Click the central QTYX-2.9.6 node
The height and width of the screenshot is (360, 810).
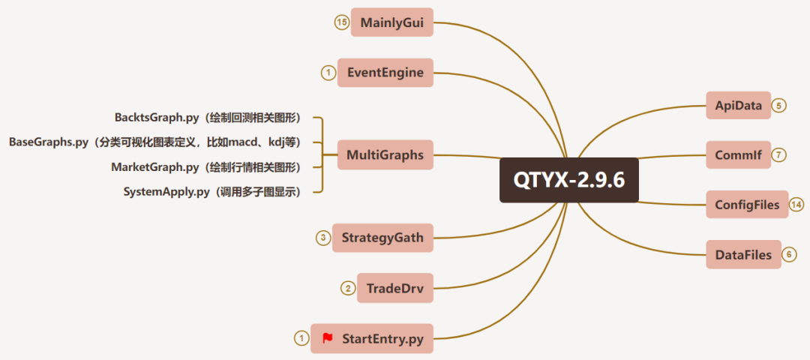[569, 180]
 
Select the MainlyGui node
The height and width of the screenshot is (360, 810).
[391, 22]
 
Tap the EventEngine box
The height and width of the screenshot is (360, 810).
[385, 73]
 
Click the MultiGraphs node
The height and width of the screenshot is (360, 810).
[385, 155]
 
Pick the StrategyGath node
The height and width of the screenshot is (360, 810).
[382, 238]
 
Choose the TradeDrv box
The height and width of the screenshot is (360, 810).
[394, 288]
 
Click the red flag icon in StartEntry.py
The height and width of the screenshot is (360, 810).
[328, 338]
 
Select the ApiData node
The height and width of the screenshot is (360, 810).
[738, 106]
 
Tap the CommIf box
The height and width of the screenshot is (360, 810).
[738, 155]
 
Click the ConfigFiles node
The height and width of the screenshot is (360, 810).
[747, 205]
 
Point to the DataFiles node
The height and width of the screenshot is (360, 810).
[743, 255]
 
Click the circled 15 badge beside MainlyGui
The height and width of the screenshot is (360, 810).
[342, 22]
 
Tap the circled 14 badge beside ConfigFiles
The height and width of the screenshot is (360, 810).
[796, 205]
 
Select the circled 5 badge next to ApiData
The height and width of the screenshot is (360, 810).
[779, 106]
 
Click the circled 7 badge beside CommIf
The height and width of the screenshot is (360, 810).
[779, 155]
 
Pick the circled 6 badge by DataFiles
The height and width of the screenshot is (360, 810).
[789, 255]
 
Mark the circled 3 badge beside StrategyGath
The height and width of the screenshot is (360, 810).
[323, 238]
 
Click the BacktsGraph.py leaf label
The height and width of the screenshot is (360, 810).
[207, 118]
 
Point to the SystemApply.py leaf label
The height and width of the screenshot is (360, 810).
[211, 192]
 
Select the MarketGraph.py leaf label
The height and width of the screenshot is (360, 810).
[205, 167]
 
